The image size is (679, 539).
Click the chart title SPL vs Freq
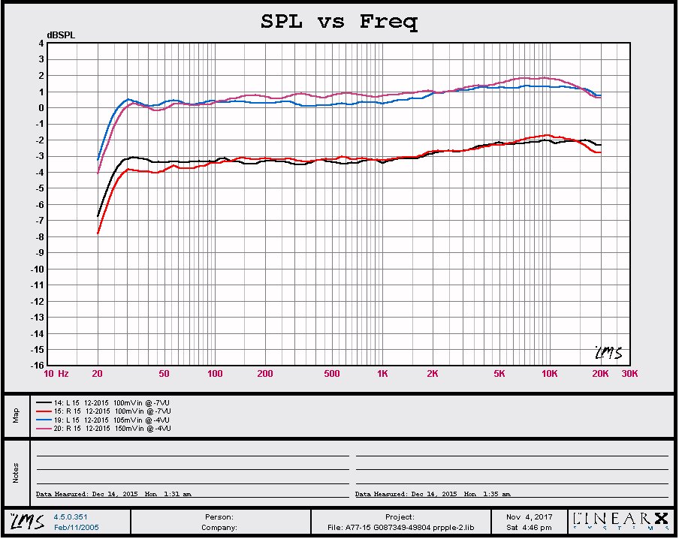[x=339, y=22]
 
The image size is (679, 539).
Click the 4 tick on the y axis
[x=41, y=44]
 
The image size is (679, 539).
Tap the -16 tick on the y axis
[x=37, y=366]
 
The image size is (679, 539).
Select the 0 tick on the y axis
[x=41, y=108]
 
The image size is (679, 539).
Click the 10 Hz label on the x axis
[x=56, y=374]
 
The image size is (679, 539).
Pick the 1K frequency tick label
[x=382, y=374]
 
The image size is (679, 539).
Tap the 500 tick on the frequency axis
[x=332, y=374]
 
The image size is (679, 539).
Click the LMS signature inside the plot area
[x=608, y=353]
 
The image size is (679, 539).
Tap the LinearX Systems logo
[x=620, y=519]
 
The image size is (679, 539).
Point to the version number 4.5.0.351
[x=70, y=516]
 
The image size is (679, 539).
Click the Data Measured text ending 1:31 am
[x=113, y=494]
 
